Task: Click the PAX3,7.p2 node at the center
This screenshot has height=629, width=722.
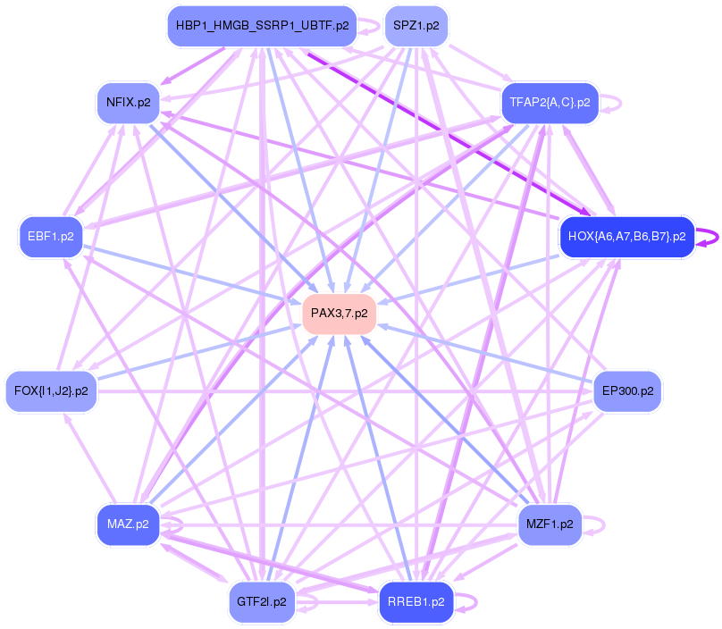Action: point(340,314)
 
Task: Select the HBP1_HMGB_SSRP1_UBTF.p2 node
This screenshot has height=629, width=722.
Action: point(262,26)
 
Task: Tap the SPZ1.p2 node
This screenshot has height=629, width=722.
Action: point(416,26)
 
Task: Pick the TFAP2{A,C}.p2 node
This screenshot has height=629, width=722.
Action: point(550,103)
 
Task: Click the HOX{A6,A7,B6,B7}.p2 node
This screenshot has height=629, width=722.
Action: point(626,237)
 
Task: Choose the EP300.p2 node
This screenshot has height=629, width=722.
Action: point(627,390)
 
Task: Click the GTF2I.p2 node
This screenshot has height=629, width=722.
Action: point(262,601)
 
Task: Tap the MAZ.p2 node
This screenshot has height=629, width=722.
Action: point(128,524)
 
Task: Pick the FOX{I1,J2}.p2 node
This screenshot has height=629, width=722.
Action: point(51,390)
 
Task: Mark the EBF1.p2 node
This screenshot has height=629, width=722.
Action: point(51,237)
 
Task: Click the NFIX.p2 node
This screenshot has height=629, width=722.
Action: point(128,103)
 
